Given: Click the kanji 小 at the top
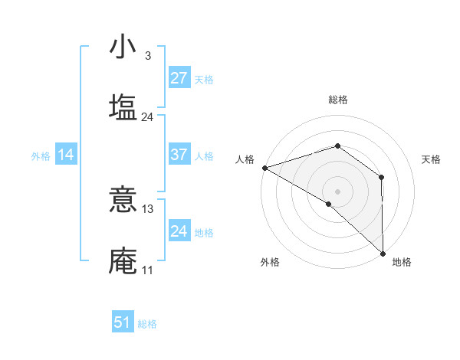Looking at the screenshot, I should coord(123,47).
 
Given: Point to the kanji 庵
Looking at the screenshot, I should coord(123,261).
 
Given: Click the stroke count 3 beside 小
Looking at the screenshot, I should coord(147,56).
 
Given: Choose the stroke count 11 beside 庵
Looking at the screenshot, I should coord(147,270).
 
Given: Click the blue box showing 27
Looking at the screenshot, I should coord(179,77).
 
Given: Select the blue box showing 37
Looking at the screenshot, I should coord(179,155).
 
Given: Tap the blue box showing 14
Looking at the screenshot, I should coord(66,155).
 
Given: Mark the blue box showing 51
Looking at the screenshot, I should coord(123,322).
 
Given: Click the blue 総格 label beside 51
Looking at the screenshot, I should coord(147,324).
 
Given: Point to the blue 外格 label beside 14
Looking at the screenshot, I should coord(41,156).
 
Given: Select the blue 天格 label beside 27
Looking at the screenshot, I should coord(204,79).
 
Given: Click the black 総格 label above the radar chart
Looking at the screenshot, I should coord(338,100).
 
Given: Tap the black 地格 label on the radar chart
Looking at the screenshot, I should coord(402,262).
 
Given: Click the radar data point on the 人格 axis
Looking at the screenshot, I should coord(264,167).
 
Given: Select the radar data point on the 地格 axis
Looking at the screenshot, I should coord(382,252).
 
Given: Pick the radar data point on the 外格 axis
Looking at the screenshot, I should coord(328,204).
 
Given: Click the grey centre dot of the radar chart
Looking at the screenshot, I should coord(338,191).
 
